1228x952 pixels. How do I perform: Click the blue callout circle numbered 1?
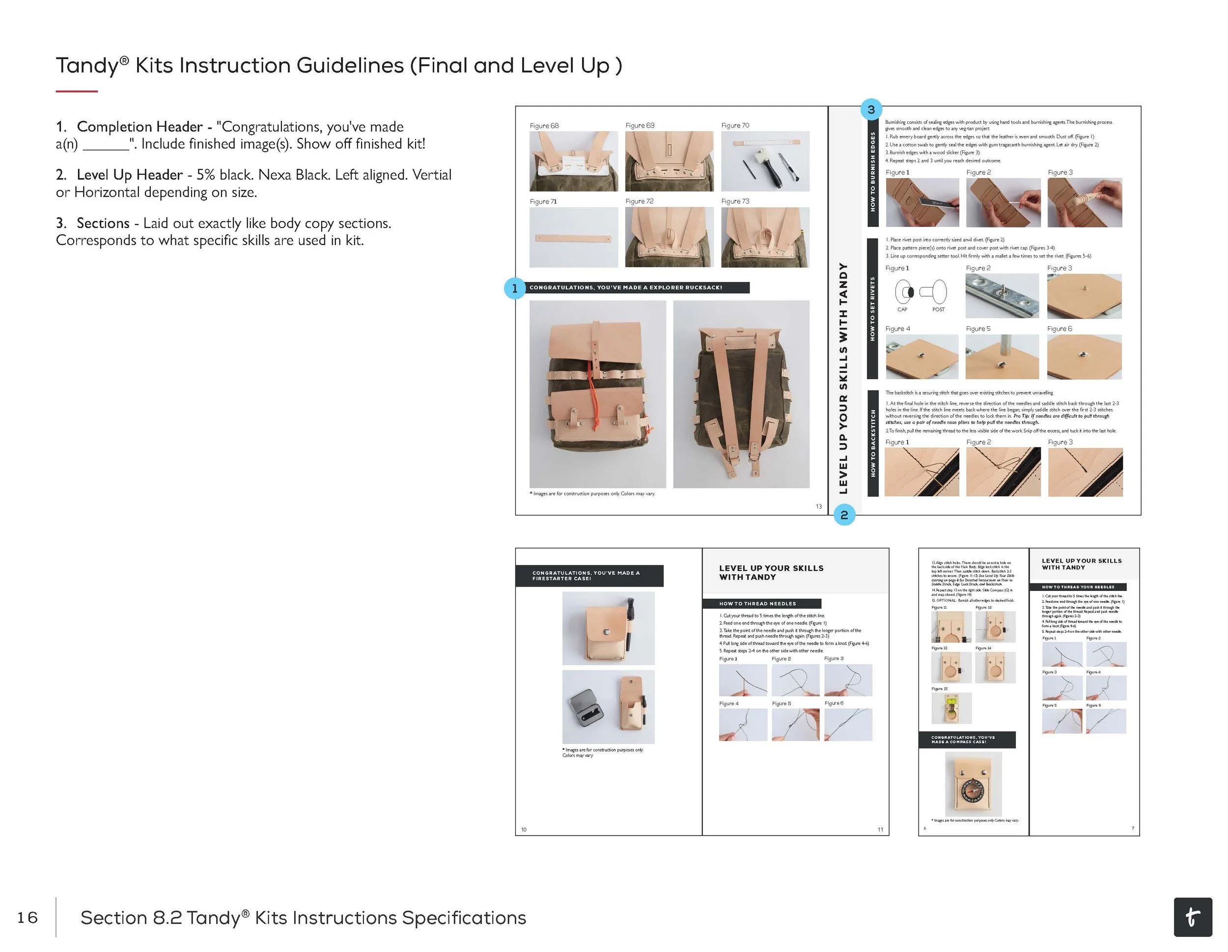pyautogui.click(x=514, y=288)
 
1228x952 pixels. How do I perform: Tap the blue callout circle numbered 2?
pyautogui.click(x=844, y=514)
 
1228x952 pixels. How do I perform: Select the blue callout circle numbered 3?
pyautogui.click(x=871, y=109)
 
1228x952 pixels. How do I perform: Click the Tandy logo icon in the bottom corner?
pyautogui.click(x=1193, y=917)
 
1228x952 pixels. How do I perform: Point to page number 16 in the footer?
pyautogui.click(x=27, y=918)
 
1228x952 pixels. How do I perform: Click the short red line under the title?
pyautogui.click(x=77, y=91)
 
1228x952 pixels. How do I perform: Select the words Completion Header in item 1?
pyautogui.click(x=140, y=127)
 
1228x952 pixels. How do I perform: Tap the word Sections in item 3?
pyautogui.click(x=103, y=223)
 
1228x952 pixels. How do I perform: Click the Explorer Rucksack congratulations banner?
pyautogui.click(x=638, y=288)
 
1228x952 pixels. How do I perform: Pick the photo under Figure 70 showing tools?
pyautogui.click(x=765, y=162)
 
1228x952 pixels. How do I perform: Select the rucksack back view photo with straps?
pyautogui.click(x=741, y=394)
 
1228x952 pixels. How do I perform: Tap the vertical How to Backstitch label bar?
pyautogui.click(x=873, y=443)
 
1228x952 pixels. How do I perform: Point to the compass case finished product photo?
pyautogui.click(x=973, y=784)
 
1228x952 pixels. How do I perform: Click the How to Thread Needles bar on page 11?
pyautogui.click(x=761, y=603)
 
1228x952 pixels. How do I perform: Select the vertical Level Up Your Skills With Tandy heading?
pyautogui.click(x=843, y=378)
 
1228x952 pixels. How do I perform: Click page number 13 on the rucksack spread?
pyautogui.click(x=819, y=506)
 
